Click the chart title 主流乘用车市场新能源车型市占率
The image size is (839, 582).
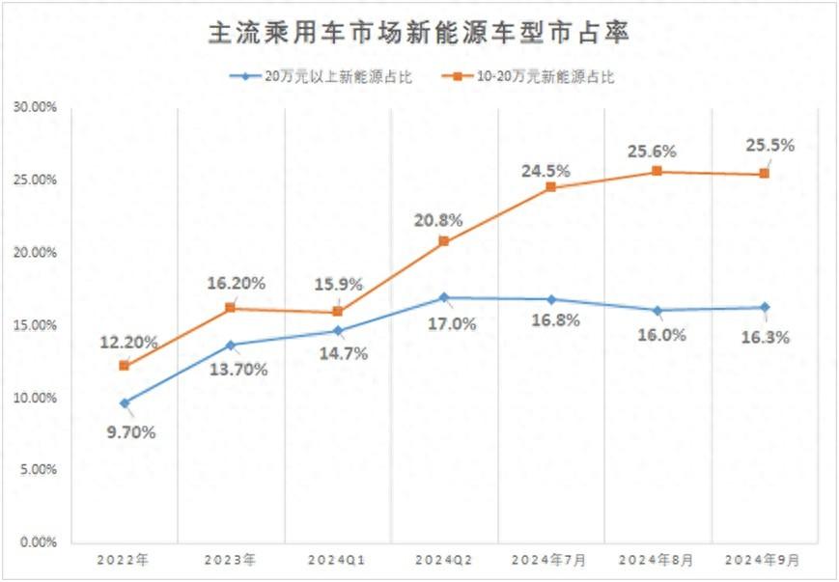(419, 34)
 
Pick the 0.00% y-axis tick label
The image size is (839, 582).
(37, 542)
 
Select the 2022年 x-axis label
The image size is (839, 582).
(124, 559)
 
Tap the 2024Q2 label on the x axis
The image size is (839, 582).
(443, 559)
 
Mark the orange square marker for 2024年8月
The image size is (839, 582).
(657, 171)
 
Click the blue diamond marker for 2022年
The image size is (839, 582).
(124, 402)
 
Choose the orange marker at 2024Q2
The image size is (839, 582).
(443, 241)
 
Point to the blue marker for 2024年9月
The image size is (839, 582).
(764, 307)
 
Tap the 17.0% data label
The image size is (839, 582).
(452, 324)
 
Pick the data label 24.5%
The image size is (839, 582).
(545, 171)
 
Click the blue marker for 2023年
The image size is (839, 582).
(230, 345)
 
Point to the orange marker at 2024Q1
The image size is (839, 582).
(337, 312)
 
